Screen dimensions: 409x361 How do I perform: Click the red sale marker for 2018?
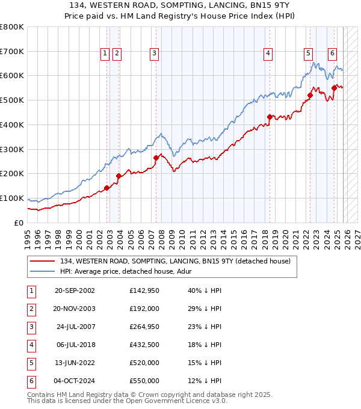tap(270, 117)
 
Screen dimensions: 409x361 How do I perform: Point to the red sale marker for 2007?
tap(156, 158)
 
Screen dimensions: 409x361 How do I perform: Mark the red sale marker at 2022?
tap(310, 95)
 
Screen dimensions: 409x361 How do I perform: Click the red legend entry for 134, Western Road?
tap(174, 261)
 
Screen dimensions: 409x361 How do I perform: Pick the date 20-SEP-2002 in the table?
tap(75, 291)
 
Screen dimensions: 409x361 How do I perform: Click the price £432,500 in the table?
tap(144, 345)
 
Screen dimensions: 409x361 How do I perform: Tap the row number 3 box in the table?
tap(31, 327)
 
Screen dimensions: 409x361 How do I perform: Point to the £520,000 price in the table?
tap(144, 363)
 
